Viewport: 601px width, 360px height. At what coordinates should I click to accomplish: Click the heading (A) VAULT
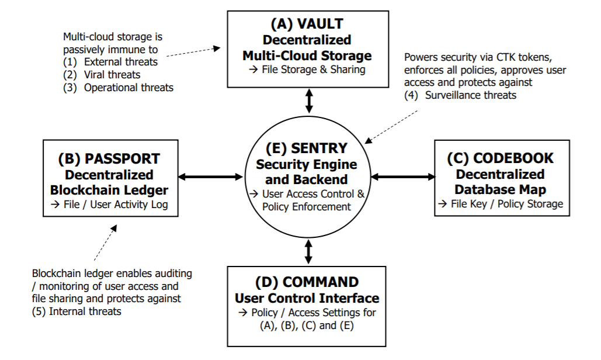click(x=307, y=24)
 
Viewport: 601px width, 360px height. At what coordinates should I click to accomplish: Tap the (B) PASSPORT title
click(x=109, y=159)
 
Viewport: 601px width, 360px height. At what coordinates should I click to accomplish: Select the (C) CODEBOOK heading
click(x=500, y=158)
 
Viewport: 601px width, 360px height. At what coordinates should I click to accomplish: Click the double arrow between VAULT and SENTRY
click(x=309, y=101)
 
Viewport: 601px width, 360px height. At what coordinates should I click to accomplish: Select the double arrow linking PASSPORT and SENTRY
click(x=210, y=176)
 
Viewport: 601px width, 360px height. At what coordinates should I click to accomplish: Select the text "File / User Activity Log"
click(x=110, y=205)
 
